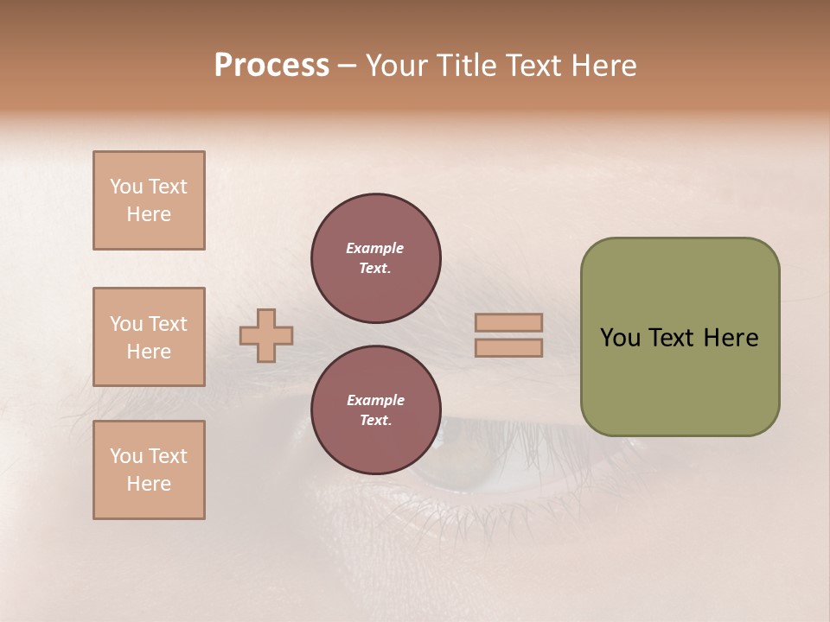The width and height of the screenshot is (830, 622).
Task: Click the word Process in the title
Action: click(x=271, y=66)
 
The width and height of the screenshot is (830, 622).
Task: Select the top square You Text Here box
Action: click(x=149, y=200)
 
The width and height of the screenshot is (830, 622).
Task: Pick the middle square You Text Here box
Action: click(x=149, y=337)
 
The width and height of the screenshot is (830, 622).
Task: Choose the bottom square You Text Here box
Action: click(x=149, y=470)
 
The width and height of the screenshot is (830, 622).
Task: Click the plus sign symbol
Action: click(x=266, y=335)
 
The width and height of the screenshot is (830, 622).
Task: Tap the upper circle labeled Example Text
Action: click(x=375, y=258)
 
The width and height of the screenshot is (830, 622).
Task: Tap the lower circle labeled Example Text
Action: click(x=375, y=410)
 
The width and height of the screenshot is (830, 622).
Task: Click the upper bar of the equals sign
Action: click(x=509, y=323)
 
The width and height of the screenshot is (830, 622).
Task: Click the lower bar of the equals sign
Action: click(x=509, y=347)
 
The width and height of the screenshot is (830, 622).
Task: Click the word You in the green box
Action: click(x=620, y=338)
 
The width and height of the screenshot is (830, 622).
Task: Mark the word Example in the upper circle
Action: click(x=375, y=248)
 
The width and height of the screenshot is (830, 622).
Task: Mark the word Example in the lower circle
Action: click(x=375, y=400)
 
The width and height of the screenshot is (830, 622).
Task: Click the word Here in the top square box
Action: click(x=149, y=214)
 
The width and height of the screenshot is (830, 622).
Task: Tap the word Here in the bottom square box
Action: click(x=149, y=484)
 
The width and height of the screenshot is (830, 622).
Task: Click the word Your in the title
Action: click(x=400, y=66)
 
